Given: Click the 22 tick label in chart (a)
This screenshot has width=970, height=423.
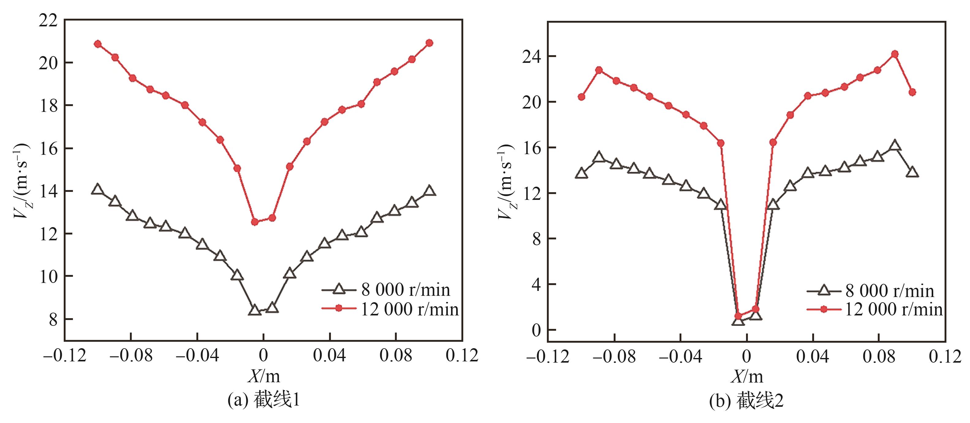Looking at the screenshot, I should tap(48, 20).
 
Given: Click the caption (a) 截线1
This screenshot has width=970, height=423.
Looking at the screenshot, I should tap(263, 400).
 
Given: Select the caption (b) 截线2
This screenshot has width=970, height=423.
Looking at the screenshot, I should tap(746, 400).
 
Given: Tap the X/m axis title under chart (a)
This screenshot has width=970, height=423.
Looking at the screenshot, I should tap(263, 376).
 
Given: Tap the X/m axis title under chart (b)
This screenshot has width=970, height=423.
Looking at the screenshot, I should tap(747, 376).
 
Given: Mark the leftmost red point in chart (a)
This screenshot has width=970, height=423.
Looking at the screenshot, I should tap(97, 44).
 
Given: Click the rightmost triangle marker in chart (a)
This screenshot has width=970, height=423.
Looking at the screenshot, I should tap(429, 191).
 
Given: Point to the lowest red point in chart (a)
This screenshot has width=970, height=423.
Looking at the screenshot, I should tap(255, 222).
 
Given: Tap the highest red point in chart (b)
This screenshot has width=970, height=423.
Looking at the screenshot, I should tap(895, 54).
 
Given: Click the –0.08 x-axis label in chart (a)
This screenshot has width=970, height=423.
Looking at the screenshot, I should tap(131, 356).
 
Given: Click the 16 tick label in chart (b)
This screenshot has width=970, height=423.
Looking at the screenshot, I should tap(531, 148).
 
